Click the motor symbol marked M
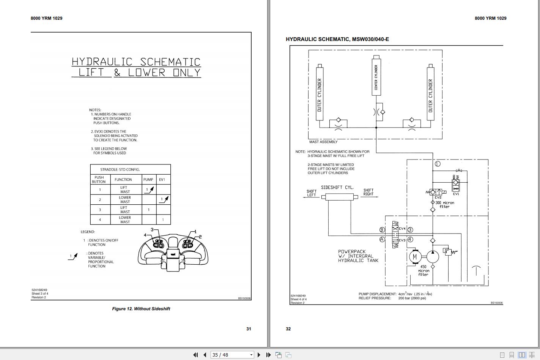click(414, 257)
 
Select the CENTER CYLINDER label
click(376, 77)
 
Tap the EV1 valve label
click(456, 194)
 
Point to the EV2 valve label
click(438, 197)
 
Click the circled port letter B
click(382, 230)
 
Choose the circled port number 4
click(410, 240)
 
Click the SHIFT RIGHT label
click(368, 192)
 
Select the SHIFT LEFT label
click(312, 193)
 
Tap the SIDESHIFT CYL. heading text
click(337, 188)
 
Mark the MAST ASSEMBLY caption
click(323, 142)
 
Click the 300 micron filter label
click(444, 205)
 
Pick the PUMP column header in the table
click(148, 180)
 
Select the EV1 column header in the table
click(162, 180)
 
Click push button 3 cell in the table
click(100, 210)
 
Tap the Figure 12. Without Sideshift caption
click(141, 309)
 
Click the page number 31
click(249, 329)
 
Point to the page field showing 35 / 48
click(231, 355)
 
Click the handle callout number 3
click(152, 230)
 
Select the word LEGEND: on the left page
click(88, 232)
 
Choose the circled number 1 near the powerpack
click(438, 164)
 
